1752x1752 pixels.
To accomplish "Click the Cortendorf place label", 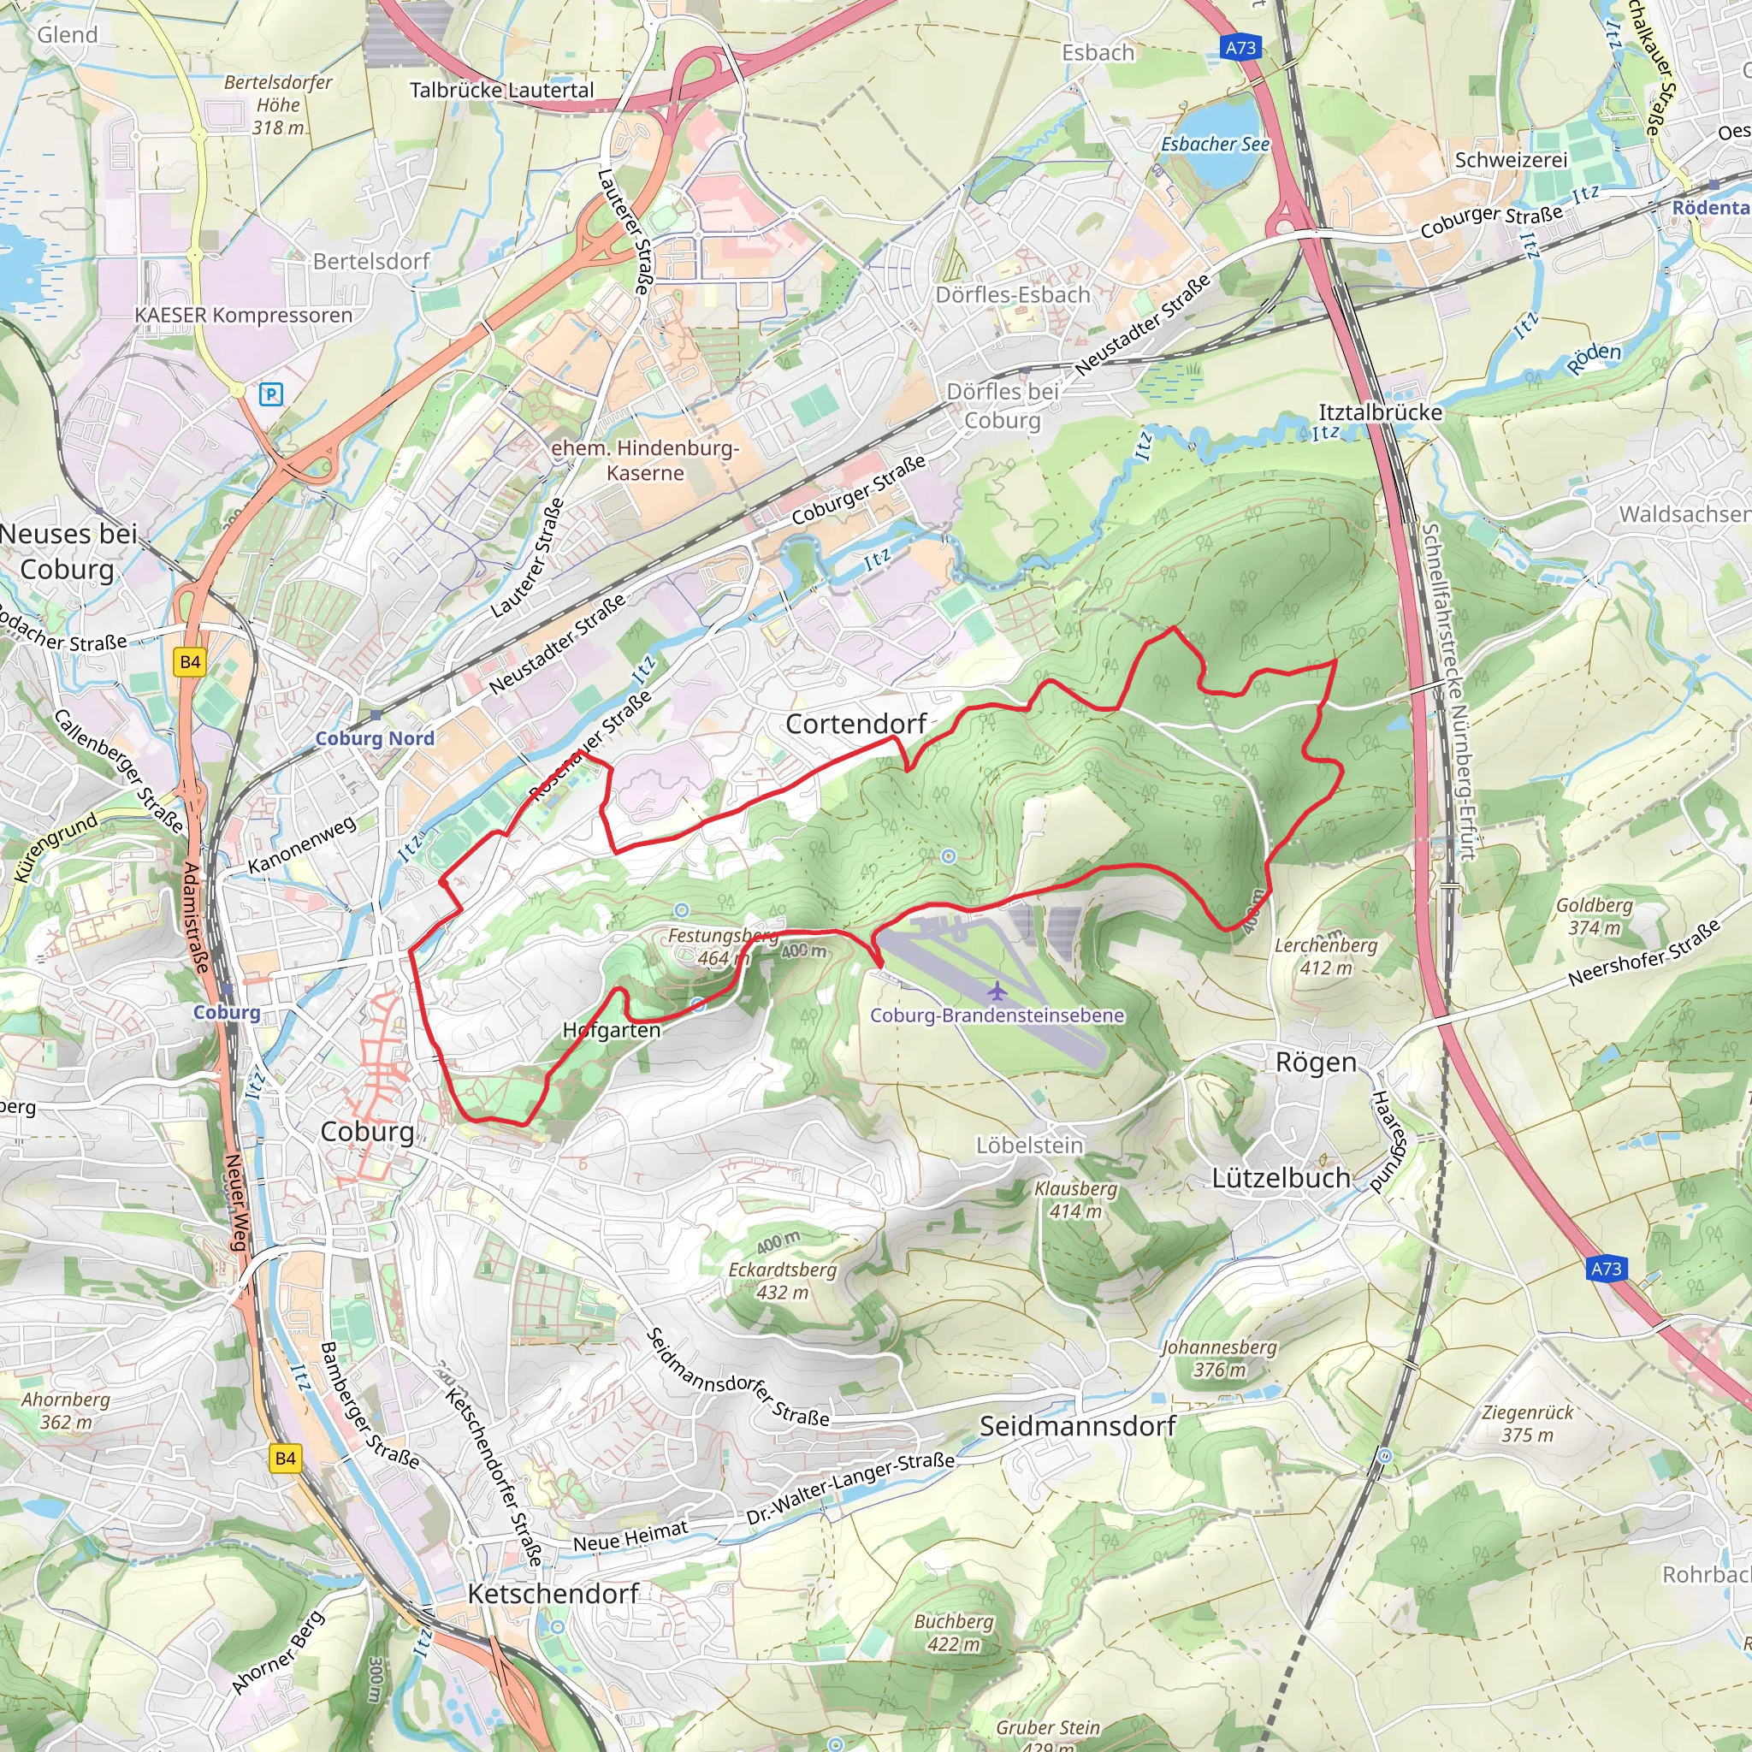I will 855,724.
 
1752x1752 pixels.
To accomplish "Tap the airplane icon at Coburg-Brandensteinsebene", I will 997,990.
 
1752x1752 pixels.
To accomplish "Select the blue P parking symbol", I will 271,394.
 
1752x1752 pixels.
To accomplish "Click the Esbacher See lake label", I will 1214,145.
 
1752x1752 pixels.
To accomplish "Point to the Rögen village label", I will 1315,1062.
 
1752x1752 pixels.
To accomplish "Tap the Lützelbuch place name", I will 1281,1178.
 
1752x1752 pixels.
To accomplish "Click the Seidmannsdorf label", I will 1076,1426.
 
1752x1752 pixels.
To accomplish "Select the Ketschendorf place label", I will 553,1593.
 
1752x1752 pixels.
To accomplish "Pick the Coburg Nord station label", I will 375,738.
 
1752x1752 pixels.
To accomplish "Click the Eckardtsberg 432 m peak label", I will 782,1281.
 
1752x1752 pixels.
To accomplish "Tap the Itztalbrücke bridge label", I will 1379,412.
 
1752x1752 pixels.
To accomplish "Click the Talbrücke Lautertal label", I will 501,90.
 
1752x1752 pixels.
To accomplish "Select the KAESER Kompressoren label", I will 243,316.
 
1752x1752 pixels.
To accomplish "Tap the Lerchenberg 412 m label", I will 1325,956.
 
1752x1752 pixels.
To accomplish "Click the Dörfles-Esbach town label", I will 1012,295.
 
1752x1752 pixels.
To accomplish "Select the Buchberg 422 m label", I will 953,1632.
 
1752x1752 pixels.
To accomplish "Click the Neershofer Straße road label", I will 1643,954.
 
